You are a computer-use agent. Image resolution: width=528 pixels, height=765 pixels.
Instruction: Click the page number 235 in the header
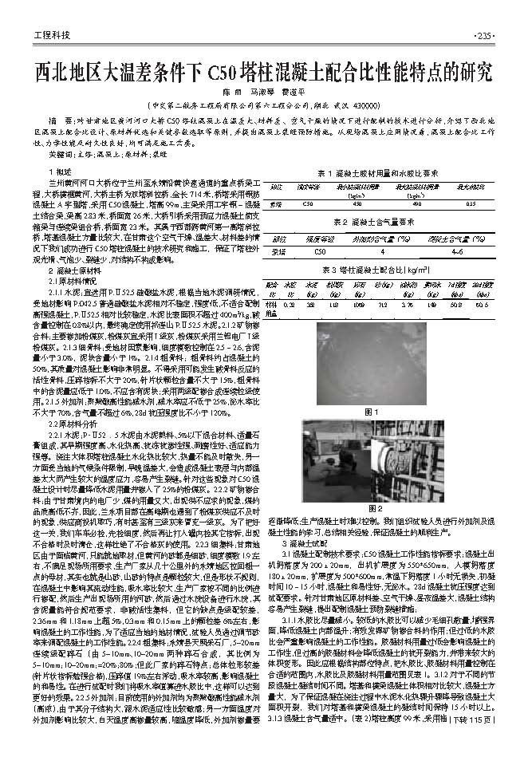click(484, 35)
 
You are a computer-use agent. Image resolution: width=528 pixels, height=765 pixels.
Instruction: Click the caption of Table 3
click(381, 270)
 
